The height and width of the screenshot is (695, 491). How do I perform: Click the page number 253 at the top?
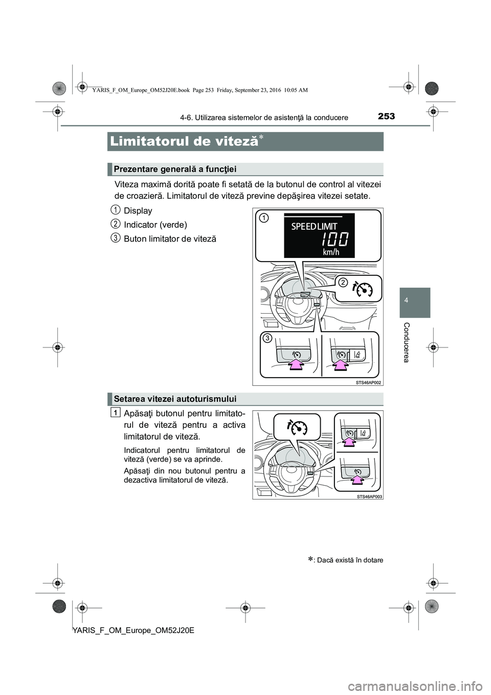pos(386,116)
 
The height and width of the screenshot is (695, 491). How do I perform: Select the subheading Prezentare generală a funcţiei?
pos(175,169)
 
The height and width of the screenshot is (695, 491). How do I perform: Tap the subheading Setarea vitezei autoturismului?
pos(175,399)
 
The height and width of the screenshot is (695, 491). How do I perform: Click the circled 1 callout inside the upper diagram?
pos(263,218)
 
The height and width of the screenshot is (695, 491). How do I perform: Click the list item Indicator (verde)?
pos(155,225)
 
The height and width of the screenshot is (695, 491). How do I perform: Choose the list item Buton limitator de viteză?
pos(170,239)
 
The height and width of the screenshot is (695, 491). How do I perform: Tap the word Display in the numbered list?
pos(138,211)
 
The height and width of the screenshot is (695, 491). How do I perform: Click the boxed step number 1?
pos(117,412)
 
